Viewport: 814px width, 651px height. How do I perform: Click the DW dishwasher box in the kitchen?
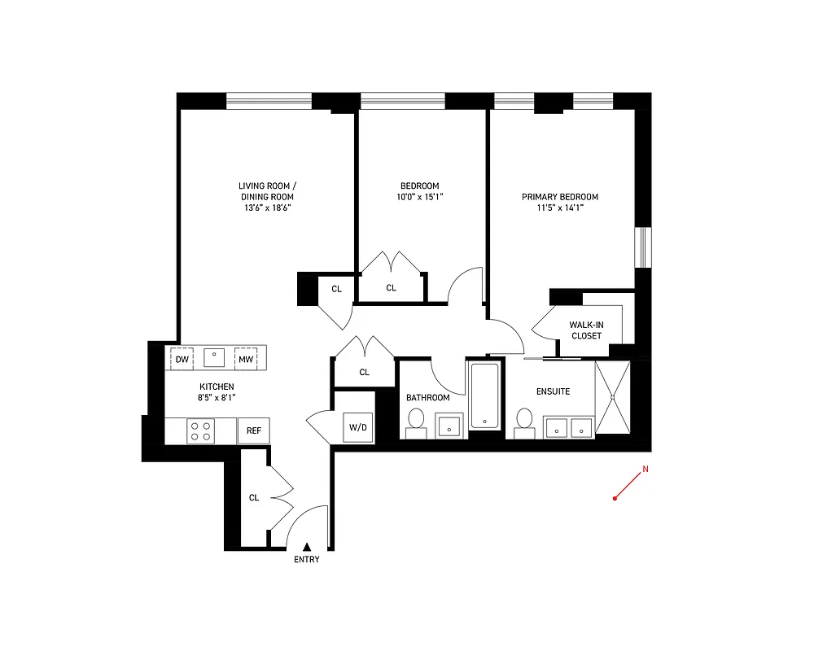(x=182, y=359)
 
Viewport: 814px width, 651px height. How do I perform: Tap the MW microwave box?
(x=246, y=359)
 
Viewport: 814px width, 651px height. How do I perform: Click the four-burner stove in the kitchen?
(x=201, y=431)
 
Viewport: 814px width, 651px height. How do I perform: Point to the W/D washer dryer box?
(x=358, y=427)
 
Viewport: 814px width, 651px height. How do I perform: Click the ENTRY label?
(x=307, y=559)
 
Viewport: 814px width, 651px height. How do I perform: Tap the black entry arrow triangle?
(x=307, y=547)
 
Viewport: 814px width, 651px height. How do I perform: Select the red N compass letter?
(x=646, y=470)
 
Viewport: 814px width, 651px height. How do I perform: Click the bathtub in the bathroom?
(x=485, y=395)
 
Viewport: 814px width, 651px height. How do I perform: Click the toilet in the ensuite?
(x=525, y=422)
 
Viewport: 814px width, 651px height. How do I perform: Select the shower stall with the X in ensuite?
(x=611, y=398)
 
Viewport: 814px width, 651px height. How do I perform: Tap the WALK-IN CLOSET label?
(x=586, y=330)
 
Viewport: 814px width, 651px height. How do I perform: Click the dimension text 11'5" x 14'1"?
(x=560, y=208)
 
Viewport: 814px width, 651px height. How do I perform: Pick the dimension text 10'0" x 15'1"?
(x=420, y=196)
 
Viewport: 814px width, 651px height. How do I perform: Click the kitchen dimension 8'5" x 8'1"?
(x=217, y=398)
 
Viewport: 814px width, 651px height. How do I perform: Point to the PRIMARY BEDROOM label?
(x=560, y=197)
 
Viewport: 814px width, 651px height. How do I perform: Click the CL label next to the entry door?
(x=254, y=498)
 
